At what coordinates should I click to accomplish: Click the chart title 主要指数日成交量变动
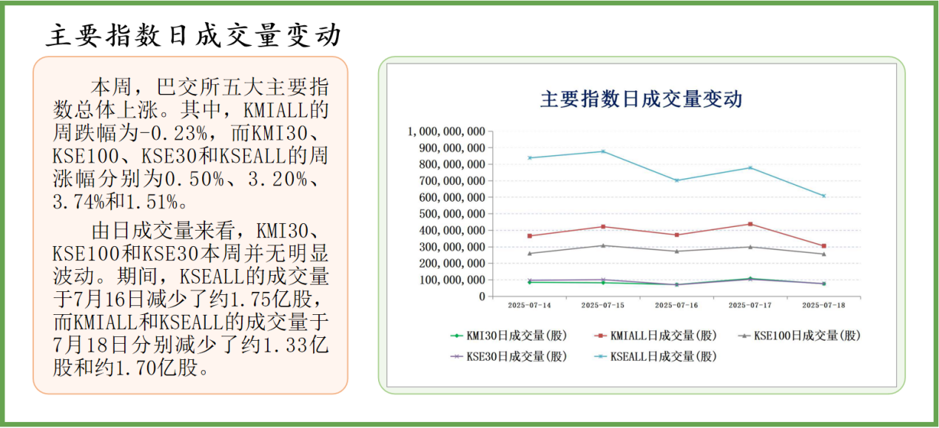(x=641, y=99)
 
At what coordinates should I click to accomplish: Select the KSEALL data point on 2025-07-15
(x=603, y=152)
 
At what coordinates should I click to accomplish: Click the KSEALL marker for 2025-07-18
(x=823, y=196)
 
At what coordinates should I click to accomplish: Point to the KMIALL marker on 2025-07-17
(x=750, y=224)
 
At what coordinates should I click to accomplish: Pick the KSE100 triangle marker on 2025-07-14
(x=530, y=253)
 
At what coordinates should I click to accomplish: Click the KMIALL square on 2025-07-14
(x=530, y=236)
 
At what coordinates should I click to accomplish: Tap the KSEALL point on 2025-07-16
(x=676, y=180)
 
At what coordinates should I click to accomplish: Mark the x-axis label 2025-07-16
(x=676, y=305)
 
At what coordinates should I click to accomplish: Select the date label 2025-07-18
(x=823, y=305)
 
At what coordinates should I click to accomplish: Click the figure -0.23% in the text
(x=196, y=134)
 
